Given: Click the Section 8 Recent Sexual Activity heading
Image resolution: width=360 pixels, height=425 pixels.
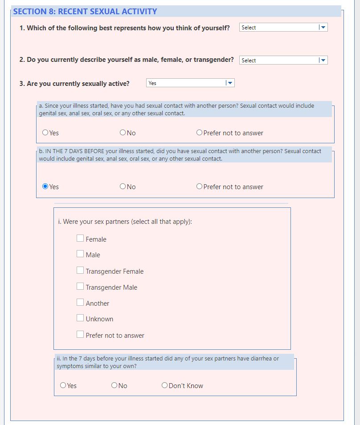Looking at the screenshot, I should pyautogui.click(x=85, y=12).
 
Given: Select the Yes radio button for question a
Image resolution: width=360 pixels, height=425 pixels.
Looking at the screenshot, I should pyautogui.click(x=45, y=133).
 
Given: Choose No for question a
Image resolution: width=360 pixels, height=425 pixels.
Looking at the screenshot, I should pyautogui.click(x=123, y=133).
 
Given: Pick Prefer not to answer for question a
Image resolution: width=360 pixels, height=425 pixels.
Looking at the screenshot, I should pyautogui.click(x=200, y=133).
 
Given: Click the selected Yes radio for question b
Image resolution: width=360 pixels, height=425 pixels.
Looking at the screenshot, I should pyautogui.click(x=45, y=186).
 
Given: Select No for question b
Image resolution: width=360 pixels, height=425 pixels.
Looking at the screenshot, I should pyautogui.click(x=123, y=186).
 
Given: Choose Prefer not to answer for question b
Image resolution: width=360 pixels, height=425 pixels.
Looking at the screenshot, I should pyautogui.click(x=200, y=186).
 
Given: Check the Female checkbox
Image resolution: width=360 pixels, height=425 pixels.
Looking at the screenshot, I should pyautogui.click(x=80, y=239).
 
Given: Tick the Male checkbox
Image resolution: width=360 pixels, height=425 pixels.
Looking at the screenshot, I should pyautogui.click(x=80, y=254).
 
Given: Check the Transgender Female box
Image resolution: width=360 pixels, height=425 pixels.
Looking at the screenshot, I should pyautogui.click(x=80, y=271).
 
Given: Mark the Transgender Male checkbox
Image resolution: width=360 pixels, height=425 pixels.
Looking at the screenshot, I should pyautogui.click(x=80, y=287).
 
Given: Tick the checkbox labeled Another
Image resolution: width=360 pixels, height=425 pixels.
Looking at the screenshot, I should pyautogui.click(x=80, y=303).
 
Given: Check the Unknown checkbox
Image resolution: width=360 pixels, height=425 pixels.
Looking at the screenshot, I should pyautogui.click(x=80, y=318).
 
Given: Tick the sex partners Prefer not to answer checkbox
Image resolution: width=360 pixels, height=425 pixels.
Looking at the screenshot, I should pyautogui.click(x=80, y=335).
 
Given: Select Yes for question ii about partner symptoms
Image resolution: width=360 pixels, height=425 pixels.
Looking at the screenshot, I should pyautogui.click(x=63, y=385).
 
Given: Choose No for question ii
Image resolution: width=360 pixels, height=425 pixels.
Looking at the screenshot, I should pyautogui.click(x=115, y=385).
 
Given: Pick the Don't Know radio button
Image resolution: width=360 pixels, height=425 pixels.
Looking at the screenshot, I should pyautogui.click(x=165, y=385).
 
